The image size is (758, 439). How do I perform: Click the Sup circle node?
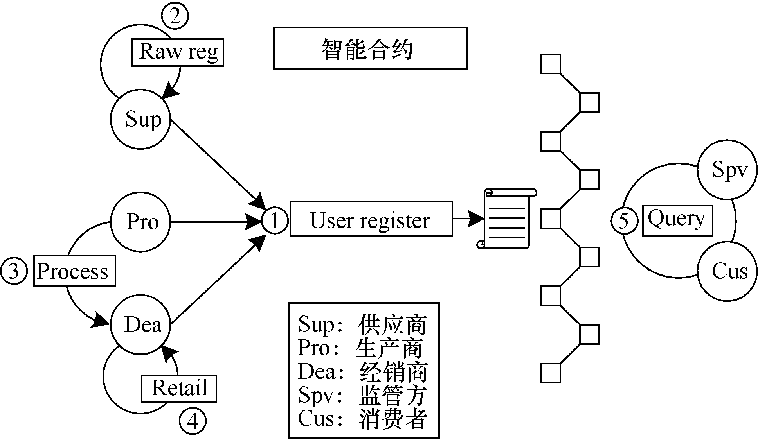tap(141, 119)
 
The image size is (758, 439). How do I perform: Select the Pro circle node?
tap(141, 222)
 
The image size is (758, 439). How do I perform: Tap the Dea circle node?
tap(141, 324)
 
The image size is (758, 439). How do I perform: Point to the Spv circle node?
tap(728, 170)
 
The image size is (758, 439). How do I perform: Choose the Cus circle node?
tap(728, 271)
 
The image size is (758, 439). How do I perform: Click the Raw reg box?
tap(178, 52)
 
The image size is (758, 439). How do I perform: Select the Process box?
tap(74, 271)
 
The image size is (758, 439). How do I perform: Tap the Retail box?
tap(179, 389)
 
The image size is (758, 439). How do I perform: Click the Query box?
tap(677, 220)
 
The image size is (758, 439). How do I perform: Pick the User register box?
tap(371, 219)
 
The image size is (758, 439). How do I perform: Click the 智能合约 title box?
tap(370, 48)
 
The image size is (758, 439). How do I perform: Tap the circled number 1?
tap(275, 220)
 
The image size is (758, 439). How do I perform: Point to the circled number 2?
tap(175, 16)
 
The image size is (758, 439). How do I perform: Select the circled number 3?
tap(14, 271)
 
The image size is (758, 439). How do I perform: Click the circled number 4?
tap(193, 421)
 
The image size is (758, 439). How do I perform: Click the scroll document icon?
tap(506, 219)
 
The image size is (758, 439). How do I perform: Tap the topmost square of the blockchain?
tap(551, 64)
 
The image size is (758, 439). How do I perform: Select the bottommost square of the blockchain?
tap(551, 373)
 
